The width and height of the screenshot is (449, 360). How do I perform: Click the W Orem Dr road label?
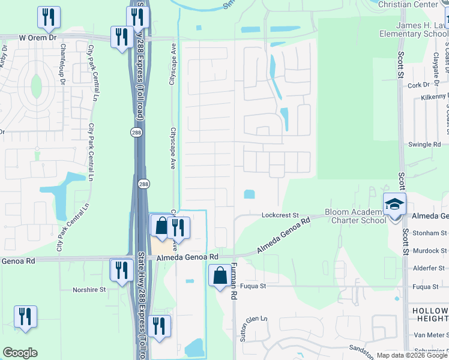(37, 37)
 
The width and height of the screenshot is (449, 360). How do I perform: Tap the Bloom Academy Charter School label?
(355, 216)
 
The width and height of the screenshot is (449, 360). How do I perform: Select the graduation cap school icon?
(394, 205)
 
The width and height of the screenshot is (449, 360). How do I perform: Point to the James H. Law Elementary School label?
(414, 29)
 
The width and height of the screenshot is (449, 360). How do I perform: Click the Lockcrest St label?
(280, 215)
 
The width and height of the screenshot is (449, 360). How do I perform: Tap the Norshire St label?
(89, 289)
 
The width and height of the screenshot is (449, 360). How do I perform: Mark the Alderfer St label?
(431, 269)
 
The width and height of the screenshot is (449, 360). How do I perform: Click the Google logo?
(20, 353)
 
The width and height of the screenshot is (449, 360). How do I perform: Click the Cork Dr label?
(415, 85)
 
